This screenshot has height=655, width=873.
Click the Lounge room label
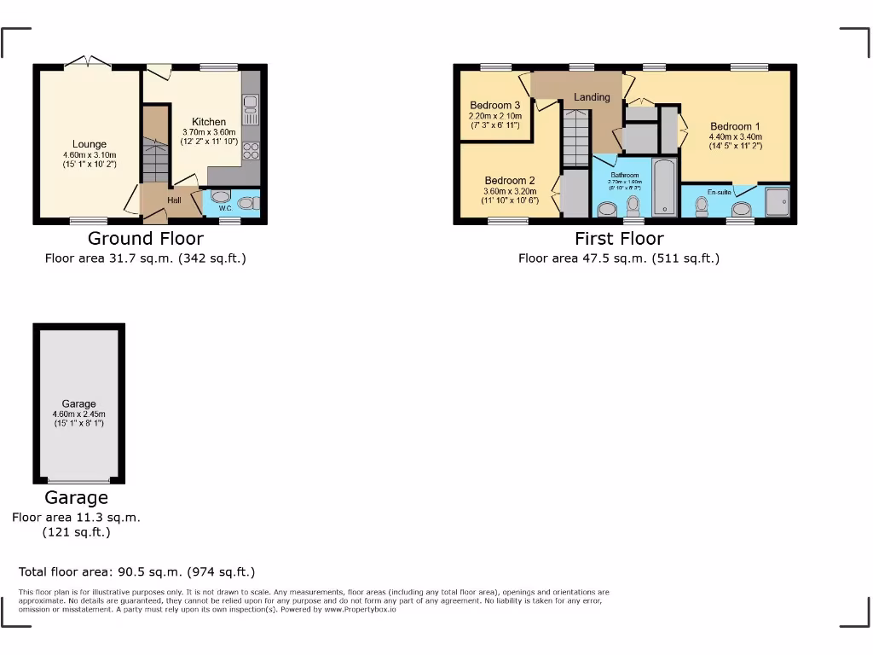[90, 144]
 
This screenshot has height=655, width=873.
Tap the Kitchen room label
[209, 122]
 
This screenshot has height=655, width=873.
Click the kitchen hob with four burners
[251, 151]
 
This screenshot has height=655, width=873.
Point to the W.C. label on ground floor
[226, 207]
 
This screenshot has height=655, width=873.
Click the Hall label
[174, 200]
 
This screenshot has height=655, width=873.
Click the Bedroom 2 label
[510, 181]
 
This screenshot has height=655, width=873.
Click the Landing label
[592, 97]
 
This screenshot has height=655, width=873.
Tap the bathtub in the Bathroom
[663, 186]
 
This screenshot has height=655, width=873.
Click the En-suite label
[719, 193]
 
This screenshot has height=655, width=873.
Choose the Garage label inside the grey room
[78, 404]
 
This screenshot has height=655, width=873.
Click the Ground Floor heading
[145, 239]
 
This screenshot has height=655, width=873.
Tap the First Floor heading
[619, 239]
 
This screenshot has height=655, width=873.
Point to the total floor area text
[137, 572]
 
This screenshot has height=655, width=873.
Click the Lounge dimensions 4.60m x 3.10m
[89, 154]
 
